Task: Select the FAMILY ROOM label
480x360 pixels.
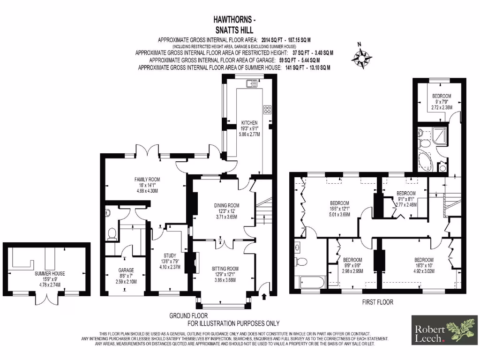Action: (x=147, y=179)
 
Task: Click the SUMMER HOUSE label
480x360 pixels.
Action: (x=50, y=273)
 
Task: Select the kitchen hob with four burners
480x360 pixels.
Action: (x=268, y=110)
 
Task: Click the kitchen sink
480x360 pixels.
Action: (x=251, y=84)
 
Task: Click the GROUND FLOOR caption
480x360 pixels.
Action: (x=188, y=316)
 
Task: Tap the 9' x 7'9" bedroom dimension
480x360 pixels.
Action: (x=442, y=102)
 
